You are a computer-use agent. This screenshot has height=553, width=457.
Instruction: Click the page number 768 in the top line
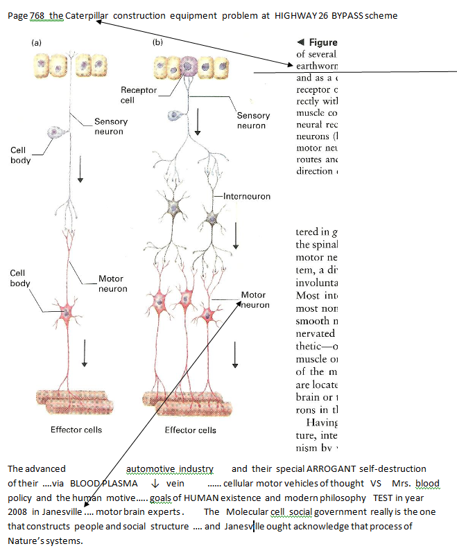click(x=37, y=16)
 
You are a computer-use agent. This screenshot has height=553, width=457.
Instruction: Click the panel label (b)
click(x=158, y=42)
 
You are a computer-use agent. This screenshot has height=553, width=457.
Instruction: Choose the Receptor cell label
click(x=138, y=95)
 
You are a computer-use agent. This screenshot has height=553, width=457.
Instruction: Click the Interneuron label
click(x=247, y=197)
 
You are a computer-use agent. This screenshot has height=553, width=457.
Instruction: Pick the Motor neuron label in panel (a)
click(x=111, y=283)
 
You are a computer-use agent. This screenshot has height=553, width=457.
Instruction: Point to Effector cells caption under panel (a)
click(x=76, y=430)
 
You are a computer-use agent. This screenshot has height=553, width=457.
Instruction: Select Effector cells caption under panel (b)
click(x=190, y=430)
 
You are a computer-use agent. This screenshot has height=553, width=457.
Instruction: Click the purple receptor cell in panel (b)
click(x=188, y=67)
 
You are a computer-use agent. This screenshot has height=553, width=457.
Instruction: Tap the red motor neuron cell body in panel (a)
click(x=68, y=310)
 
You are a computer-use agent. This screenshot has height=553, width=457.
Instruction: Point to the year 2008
click(x=19, y=511)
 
